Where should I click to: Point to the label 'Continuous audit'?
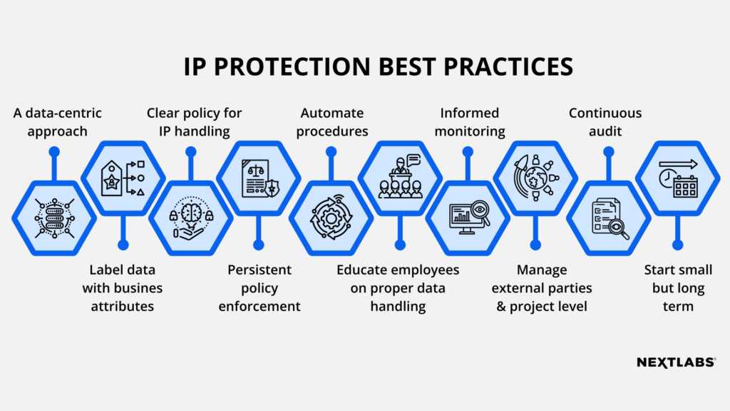tap(605, 122)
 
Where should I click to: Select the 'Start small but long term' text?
tap(674, 288)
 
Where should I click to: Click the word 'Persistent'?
tap(259, 270)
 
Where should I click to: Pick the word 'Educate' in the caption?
tap(363, 270)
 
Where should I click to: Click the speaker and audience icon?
tap(399, 178)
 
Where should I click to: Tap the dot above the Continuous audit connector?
tap(608, 152)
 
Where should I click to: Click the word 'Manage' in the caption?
tap(542, 270)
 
